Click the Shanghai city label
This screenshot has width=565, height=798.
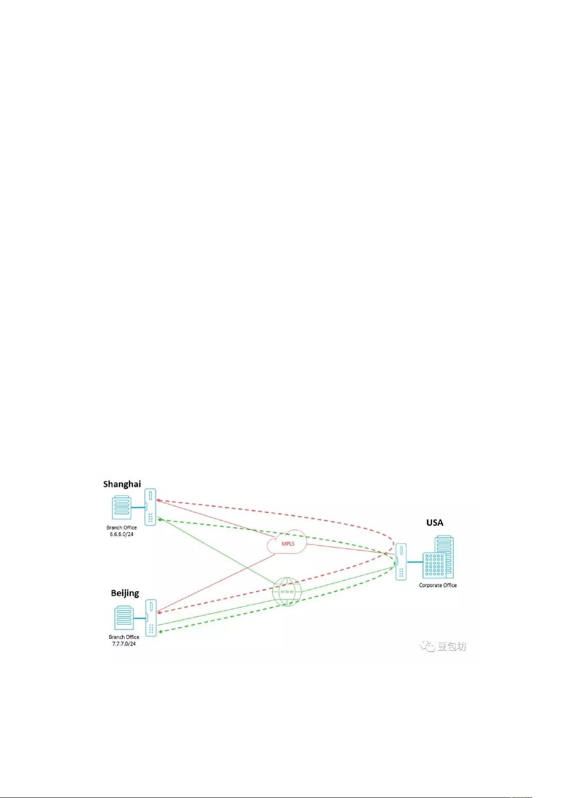(x=122, y=484)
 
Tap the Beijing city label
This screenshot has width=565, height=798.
(x=125, y=593)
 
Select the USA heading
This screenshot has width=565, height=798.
(x=435, y=523)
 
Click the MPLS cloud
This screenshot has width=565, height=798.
(x=287, y=542)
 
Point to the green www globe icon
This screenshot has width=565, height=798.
(x=287, y=592)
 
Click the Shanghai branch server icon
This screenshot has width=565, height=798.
(x=121, y=507)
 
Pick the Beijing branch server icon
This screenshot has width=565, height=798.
(x=124, y=618)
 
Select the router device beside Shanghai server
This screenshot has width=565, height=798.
(x=150, y=507)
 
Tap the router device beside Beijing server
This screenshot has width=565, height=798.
(x=151, y=618)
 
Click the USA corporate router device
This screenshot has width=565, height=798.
(x=401, y=562)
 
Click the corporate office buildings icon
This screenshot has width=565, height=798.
(x=438, y=557)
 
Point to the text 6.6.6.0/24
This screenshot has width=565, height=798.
(x=121, y=534)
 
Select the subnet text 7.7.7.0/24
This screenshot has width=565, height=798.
(x=124, y=644)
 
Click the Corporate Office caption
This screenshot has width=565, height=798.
(x=438, y=585)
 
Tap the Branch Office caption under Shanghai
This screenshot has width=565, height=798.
(x=121, y=528)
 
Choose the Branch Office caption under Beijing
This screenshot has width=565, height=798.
(x=124, y=637)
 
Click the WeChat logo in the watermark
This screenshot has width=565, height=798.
(x=428, y=646)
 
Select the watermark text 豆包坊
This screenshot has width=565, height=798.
(x=452, y=646)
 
